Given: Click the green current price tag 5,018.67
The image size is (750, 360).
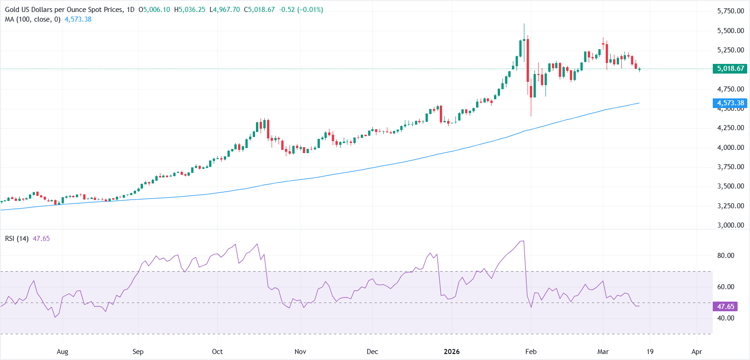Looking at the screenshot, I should click(730, 69).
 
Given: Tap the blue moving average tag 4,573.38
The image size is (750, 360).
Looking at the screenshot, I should click(730, 103).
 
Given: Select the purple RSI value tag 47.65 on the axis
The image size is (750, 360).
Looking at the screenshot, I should click(726, 306).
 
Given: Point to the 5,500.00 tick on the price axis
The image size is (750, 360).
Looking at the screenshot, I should click(730, 31).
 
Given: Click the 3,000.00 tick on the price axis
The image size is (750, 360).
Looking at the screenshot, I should click(730, 225).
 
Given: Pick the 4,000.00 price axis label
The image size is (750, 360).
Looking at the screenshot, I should click(730, 148).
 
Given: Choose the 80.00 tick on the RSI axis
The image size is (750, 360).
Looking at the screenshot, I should click(726, 256).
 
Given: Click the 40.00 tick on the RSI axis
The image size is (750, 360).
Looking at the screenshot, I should click(726, 318).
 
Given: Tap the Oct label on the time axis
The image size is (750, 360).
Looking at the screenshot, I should click(217, 352).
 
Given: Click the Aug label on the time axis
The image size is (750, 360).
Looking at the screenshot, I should click(62, 352).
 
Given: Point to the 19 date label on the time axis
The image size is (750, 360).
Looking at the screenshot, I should click(650, 352).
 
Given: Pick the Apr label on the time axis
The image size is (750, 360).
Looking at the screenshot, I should click(697, 352).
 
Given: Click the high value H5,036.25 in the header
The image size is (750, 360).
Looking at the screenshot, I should click(190, 10).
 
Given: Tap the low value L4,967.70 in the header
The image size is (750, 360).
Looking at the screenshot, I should click(225, 10).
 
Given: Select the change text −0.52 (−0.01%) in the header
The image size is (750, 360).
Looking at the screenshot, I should click(301, 10).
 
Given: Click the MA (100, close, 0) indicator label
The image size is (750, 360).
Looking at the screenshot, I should click(33, 19).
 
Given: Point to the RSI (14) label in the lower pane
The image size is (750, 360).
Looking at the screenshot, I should click(17, 239).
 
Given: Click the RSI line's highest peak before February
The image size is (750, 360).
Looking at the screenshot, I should click(522, 241).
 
